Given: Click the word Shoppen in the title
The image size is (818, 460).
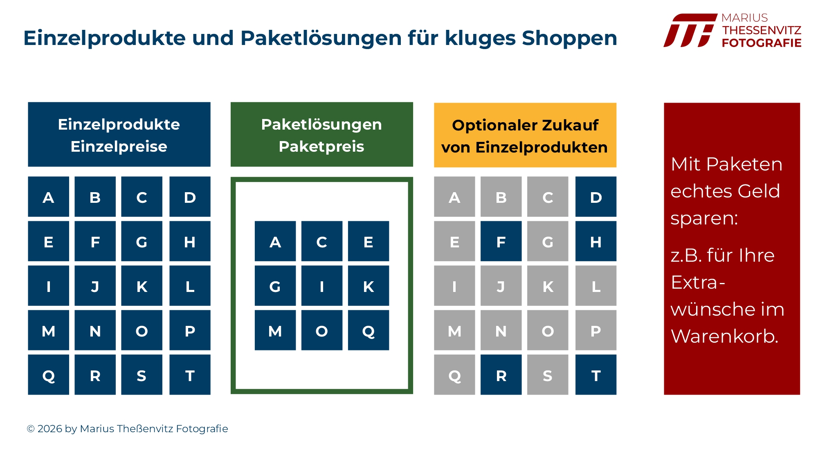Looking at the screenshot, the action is click(x=569, y=38).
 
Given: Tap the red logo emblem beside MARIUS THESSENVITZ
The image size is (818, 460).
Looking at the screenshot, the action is click(x=690, y=30).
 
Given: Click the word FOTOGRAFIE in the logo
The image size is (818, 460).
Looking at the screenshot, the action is click(x=762, y=43).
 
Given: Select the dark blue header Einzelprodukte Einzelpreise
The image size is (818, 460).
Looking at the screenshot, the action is click(x=119, y=135).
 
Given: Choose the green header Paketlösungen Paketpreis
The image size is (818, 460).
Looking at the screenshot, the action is click(x=322, y=135).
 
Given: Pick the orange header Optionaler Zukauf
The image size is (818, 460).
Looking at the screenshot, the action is click(x=525, y=135).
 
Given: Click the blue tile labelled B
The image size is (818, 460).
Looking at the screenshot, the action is click(x=95, y=197).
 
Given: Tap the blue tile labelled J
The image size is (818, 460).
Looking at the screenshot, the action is click(x=95, y=286).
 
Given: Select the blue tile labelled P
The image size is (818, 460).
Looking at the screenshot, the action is click(x=190, y=330).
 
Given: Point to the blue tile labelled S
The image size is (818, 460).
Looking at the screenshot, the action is click(x=142, y=375).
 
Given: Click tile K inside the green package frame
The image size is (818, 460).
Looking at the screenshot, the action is click(x=369, y=286).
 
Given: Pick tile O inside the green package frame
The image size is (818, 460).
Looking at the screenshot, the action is click(x=322, y=330).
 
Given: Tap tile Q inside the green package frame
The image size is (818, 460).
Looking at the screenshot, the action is click(x=369, y=330).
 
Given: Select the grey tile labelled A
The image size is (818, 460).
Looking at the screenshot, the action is click(x=454, y=197).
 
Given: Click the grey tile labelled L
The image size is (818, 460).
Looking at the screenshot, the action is click(x=596, y=286).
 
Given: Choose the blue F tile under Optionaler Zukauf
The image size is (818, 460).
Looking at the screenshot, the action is click(x=501, y=241).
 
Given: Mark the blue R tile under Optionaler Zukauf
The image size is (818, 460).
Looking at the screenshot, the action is click(x=501, y=375).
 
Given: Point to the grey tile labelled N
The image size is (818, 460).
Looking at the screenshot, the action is click(x=501, y=330).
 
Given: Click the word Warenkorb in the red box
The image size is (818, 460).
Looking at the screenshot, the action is click(x=724, y=337).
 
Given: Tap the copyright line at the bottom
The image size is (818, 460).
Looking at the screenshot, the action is click(x=127, y=429).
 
